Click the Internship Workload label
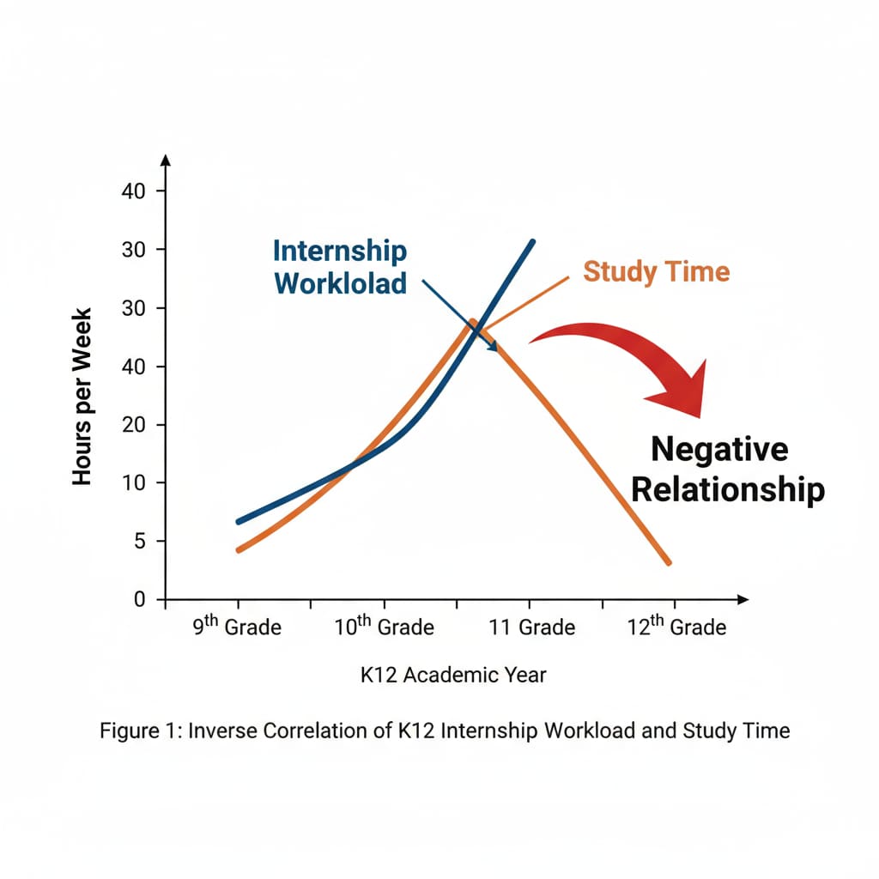[340, 266]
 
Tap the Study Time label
[656, 272]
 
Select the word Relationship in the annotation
[728, 489]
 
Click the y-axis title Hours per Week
[82, 397]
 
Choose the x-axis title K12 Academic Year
[453, 675]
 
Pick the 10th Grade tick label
[384, 627]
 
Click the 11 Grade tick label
[531, 627]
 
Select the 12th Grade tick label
[676, 627]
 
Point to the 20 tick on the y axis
[135, 425]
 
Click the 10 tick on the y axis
[135, 483]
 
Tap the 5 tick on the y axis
[139, 542]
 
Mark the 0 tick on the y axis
[139, 599]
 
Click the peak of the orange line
[472, 322]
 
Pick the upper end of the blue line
[532, 242]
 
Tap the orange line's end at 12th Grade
[669, 562]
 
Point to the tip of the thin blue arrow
[496, 349]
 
